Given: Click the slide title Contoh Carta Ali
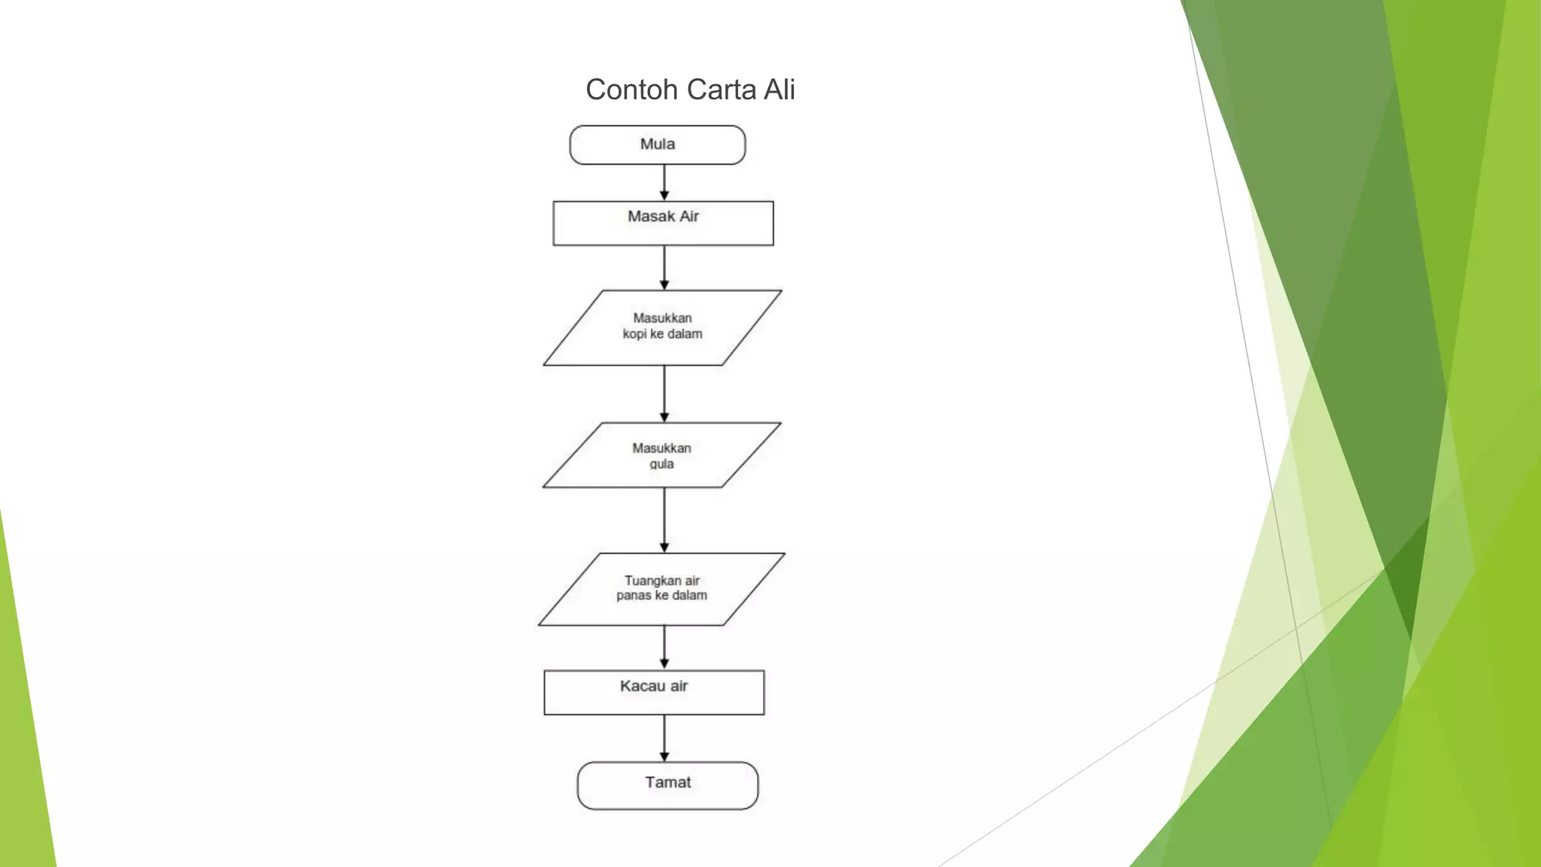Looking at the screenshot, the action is [690, 90].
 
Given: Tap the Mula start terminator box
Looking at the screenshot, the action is [658, 144].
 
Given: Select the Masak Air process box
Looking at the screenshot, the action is [663, 223].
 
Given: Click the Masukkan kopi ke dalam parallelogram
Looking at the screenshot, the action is [662, 327].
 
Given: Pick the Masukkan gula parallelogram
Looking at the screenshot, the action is [662, 455].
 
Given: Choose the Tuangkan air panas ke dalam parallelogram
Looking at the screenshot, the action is [662, 589].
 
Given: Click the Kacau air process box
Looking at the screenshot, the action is [654, 692].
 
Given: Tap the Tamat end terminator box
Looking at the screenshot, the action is [667, 786].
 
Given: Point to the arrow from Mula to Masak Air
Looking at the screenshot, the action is [664, 183].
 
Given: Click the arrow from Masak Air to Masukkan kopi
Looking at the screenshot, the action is [664, 268].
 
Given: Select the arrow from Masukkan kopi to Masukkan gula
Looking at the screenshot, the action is [664, 394].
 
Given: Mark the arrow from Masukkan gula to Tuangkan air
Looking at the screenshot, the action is [664, 521].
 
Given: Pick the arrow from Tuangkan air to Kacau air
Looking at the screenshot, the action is [664, 648].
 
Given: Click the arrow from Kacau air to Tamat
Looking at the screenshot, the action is [664, 738].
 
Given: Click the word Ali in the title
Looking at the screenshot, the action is [780, 90].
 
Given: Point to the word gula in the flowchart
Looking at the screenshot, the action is [661, 464].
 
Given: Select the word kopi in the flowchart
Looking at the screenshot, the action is [634, 334].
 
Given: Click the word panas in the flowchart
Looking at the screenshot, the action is [634, 596].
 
